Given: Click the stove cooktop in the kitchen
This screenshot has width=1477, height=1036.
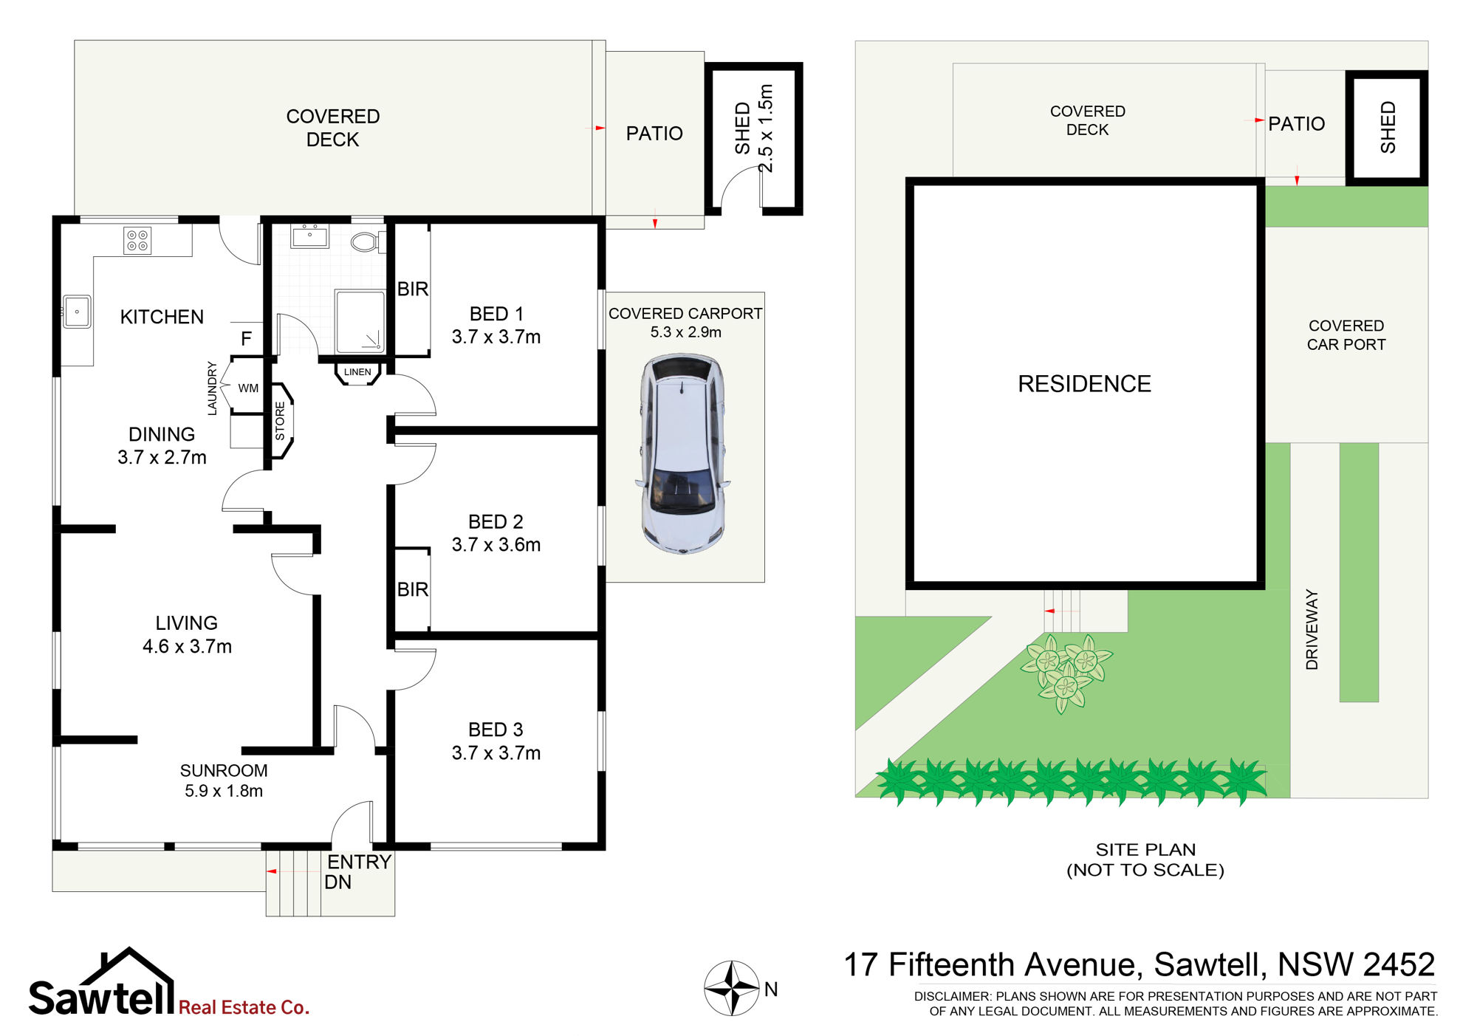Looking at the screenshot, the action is pos(137,241).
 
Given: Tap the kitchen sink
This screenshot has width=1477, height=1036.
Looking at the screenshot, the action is pos(77,312).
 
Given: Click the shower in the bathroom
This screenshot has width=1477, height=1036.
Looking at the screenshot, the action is pos(360,322).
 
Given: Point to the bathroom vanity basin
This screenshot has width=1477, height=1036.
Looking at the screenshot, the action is pos(309,236).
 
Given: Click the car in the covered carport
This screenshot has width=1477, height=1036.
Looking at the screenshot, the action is pos(682,453).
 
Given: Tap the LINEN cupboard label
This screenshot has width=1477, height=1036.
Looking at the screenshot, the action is pos(357,372).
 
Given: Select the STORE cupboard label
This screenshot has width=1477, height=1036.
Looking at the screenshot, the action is pos(280,421).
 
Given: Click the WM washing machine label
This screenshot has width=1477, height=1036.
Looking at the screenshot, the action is pos(248,388).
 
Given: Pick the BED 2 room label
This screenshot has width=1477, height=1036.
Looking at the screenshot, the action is pos(496,522).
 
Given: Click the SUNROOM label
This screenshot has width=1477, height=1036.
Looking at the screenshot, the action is pos(224,770).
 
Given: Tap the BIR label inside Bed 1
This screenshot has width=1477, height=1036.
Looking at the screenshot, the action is pos(412,289).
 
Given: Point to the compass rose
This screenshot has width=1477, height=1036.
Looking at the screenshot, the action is pos(732,988).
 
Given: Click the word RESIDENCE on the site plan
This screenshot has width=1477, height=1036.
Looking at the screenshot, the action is pos(1084,384).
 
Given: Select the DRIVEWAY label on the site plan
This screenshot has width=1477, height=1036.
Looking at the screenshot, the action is pos(1312,629).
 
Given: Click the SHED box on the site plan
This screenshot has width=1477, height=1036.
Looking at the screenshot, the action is pos(1387,127).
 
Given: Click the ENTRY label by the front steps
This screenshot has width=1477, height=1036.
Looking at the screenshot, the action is pos(359,862).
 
